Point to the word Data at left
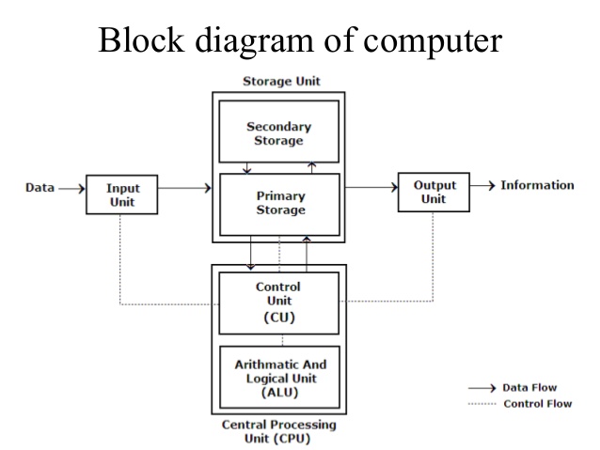[39, 187]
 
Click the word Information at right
[536, 185]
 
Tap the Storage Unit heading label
[279, 81]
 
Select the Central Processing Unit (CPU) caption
[278, 431]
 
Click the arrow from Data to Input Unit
[71, 188]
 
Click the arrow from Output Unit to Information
[481, 185]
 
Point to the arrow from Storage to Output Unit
[371, 187]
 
